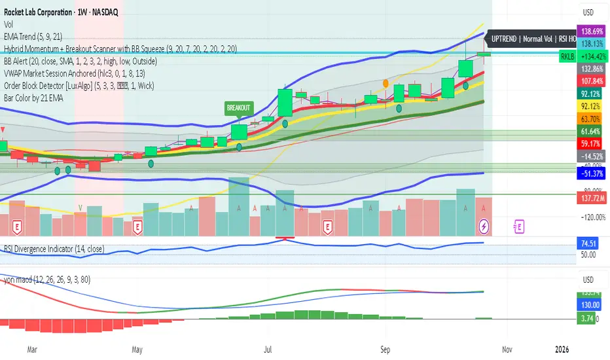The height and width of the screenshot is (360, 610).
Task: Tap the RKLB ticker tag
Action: click(x=566, y=57)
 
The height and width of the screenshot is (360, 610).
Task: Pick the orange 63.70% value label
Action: click(x=590, y=119)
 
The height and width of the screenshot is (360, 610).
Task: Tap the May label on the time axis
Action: click(x=137, y=350)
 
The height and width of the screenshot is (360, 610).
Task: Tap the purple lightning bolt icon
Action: click(x=484, y=226)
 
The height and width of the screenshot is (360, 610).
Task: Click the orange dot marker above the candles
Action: click(x=386, y=84)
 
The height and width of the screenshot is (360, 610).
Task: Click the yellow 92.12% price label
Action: click(x=590, y=105)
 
